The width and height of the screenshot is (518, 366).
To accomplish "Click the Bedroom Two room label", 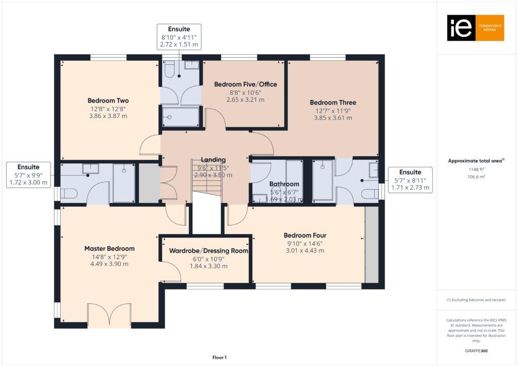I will (108, 101).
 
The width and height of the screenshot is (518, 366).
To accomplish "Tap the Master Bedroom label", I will (109, 248).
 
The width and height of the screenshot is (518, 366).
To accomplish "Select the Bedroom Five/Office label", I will (245, 84).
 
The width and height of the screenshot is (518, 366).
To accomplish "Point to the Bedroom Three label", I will (330, 102).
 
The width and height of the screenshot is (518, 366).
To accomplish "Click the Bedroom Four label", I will (305, 235).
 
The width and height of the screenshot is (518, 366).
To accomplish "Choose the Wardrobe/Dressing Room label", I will (205, 250).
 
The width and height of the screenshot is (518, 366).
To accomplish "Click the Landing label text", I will (213, 160).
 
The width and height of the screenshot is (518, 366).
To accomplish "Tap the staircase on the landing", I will (206, 177).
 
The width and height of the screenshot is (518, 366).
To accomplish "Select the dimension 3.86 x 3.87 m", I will (108, 116).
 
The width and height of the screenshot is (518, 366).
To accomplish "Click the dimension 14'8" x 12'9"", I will (109, 256).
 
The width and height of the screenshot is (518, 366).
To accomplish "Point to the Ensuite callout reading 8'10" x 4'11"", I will (179, 37).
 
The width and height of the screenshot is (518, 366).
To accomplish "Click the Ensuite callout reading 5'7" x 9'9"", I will (28, 175).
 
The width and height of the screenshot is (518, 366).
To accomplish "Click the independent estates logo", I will (475, 28).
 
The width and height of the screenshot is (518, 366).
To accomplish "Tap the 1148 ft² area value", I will (476, 169).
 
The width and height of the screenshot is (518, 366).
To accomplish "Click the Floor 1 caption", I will (219, 357).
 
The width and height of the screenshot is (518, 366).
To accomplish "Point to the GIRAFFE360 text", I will (476, 350).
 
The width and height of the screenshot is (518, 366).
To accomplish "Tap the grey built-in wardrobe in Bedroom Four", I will (371, 245).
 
